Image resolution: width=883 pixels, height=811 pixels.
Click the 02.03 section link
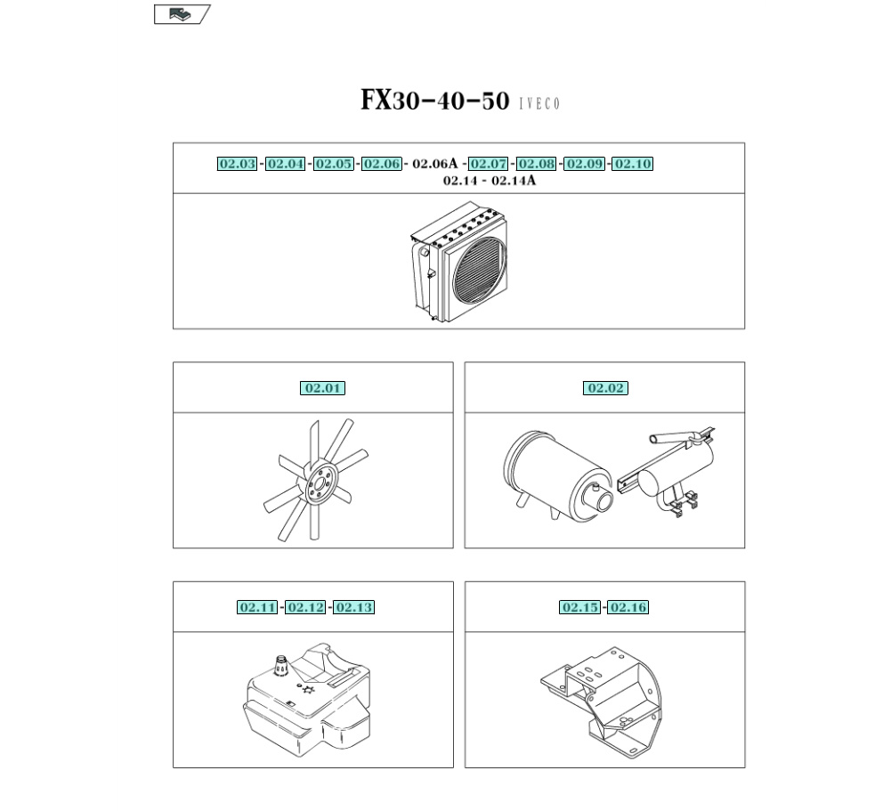click(x=237, y=164)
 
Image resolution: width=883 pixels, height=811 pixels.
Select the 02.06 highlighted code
click(x=381, y=164)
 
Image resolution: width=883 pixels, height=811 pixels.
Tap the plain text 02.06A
click(x=434, y=164)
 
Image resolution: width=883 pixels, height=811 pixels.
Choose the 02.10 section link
click(x=632, y=164)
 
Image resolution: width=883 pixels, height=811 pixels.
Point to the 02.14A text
click(x=514, y=181)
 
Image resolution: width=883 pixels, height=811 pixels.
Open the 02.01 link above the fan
click(x=322, y=388)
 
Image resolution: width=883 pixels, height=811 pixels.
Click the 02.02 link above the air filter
click(x=605, y=388)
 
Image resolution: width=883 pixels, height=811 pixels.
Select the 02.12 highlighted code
click(x=305, y=607)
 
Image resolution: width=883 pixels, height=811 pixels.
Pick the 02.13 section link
click(x=353, y=607)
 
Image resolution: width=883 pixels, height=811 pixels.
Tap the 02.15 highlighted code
click(x=579, y=607)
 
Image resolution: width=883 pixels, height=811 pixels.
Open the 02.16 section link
click(x=628, y=607)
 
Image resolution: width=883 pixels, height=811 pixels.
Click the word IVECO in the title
click(x=539, y=104)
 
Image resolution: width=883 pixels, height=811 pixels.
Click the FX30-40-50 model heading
click(x=434, y=101)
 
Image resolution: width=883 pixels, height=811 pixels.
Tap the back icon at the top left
click(x=182, y=14)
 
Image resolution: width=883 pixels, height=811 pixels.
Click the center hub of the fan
click(x=319, y=483)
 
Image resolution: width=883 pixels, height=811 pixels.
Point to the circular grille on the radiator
click(x=480, y=272)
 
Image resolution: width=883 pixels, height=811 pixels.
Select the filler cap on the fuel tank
click(x=281, y=665)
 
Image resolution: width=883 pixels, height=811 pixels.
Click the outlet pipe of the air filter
click(x=603, y=498)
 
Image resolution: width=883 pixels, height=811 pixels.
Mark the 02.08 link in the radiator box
click(x=536, y=164)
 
